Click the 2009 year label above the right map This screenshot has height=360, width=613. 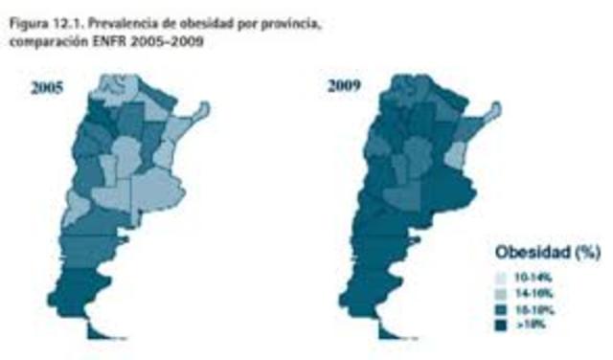pos(344,87)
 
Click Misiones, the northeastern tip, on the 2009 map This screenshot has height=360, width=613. pos(494,114)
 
